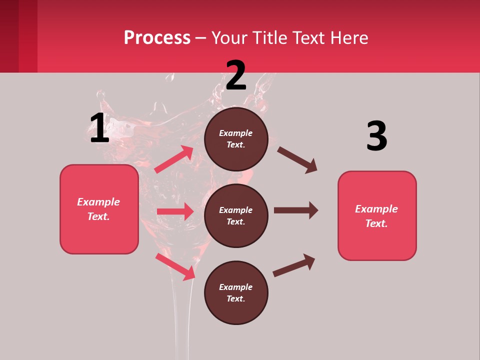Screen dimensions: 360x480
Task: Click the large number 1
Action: pos(99,128)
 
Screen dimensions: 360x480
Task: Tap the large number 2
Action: pos(236,75)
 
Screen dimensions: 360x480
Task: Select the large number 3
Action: pos(377,136)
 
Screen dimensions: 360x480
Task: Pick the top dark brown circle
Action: pos(236,139)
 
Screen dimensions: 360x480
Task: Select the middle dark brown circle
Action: pos(236,215)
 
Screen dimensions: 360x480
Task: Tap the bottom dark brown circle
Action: pos(236,292)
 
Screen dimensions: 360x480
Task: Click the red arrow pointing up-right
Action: pos(174,159)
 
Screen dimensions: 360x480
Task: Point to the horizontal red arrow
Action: pos(175,211)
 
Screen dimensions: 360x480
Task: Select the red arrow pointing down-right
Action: pos(175,266)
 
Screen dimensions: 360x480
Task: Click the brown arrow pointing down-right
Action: pos(297,160)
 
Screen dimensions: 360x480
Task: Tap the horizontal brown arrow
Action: pos(295,210)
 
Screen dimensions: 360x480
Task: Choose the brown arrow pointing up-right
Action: pos(294,265)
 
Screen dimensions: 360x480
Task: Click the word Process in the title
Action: pos(157,37)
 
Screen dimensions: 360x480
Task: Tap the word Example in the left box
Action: pos(98,202)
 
